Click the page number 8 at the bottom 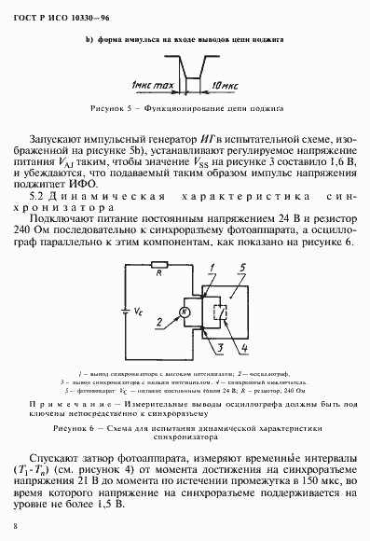pyautogui.click(x=17, y=527)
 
